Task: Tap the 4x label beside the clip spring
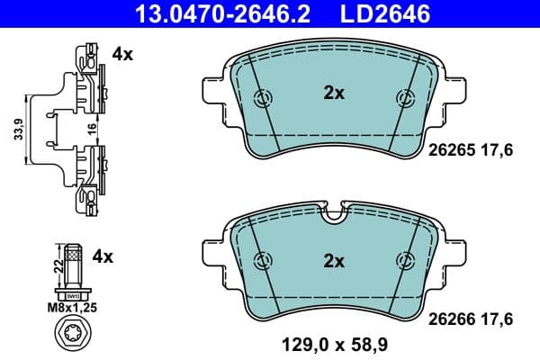pyautogui.click(x=122, y=55)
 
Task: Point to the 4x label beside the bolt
pyautogui.click(x=104, y=256)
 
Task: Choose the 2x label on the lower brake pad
pyautogui.click(x=334, y=261)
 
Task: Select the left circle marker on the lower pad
pyautogui.click(x=264, y=261)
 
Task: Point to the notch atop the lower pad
pyautogui.click(x=334, y=213)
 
